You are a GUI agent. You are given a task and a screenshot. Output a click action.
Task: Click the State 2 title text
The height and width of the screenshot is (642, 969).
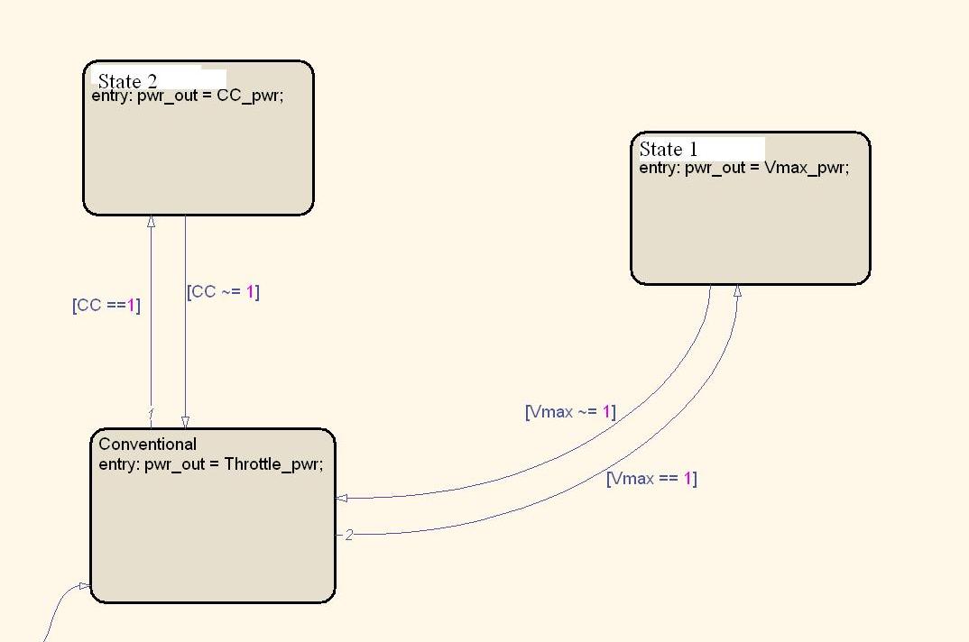pos(133,81)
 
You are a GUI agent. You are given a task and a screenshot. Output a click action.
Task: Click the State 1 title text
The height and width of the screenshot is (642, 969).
pos(669,150)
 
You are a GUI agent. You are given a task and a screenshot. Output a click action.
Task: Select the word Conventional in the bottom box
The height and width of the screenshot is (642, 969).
pos(147,444)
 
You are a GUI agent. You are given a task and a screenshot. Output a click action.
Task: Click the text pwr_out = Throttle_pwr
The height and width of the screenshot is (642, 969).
pos(234,464)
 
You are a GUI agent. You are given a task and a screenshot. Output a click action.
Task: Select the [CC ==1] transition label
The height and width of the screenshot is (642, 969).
pos(106,305)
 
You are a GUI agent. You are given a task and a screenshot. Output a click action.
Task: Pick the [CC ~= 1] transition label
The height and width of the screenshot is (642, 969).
pos(223,291)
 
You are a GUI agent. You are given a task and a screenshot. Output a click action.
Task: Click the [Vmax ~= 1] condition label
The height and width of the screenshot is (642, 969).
pos(570,412)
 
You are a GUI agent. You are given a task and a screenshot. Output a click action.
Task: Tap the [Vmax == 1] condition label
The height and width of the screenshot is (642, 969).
pos(651,479)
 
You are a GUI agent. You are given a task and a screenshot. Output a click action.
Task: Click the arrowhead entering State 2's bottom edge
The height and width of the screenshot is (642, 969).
pos(151,221)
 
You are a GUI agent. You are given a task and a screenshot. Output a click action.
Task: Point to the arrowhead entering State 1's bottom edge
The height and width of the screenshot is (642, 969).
pos(737,290)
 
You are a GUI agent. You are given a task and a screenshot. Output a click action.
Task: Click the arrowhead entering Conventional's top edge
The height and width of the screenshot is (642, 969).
pos(185,422)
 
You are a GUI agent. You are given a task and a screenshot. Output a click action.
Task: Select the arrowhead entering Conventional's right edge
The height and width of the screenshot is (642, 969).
pos(342,498)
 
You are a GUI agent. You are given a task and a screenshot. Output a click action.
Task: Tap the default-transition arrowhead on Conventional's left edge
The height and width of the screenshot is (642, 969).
pos(84,586)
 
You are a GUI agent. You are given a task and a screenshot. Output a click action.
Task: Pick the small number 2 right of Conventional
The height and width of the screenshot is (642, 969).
pos(349,535)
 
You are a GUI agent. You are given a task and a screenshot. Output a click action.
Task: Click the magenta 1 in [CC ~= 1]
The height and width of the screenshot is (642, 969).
pos(249,291)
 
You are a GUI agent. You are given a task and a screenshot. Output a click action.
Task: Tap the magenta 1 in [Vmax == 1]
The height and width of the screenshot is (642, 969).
pos(686,479)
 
